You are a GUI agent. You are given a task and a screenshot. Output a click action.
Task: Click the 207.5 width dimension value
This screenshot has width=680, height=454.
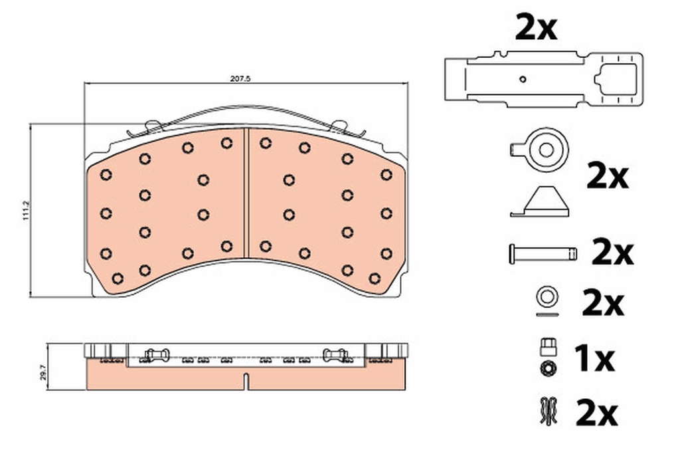click(240, 79)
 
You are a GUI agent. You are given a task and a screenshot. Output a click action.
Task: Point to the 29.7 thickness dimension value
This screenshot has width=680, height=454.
click(42, 372)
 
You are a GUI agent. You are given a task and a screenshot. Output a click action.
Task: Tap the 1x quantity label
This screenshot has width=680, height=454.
click(594, 358)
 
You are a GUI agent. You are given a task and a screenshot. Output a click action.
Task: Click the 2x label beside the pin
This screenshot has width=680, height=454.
click(612, 253)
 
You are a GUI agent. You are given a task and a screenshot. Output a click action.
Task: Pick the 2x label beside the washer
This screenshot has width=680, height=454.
click(603, 303)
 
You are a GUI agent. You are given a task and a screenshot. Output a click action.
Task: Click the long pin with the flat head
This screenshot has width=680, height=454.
click(543, 253)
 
